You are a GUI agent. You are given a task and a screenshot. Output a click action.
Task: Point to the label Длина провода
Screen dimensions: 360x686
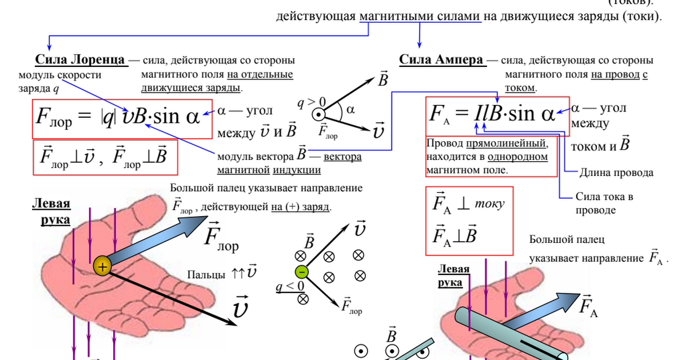tap(616, 173)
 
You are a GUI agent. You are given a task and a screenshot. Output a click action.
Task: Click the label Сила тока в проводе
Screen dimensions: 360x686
tap(603, 203)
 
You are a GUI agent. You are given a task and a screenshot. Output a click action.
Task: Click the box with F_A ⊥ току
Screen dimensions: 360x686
tap(469, 220)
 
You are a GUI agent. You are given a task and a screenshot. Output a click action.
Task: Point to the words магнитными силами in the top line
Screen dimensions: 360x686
tap(420, 17)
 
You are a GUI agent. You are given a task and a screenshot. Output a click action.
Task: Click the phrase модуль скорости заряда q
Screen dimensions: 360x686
tap(59, 81)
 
